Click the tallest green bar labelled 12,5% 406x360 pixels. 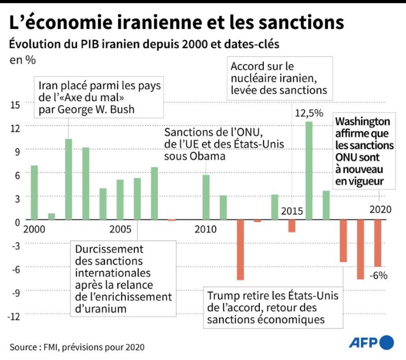[x=309, y=171]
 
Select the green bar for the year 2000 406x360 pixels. [x=35, y=192]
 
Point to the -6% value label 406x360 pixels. [x=379, y=276]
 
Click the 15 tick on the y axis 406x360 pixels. [x=15, y=105]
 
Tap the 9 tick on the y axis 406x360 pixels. [x=16, y=151]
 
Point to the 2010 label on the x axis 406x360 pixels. [x=206, y=228]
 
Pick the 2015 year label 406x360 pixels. [x=292, y=211]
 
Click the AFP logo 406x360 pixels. [x=371, y=342]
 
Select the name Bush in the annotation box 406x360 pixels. [x=121, y=109]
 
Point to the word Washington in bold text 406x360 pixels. [x=362, y=122]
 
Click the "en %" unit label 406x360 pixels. [x=22, y=59]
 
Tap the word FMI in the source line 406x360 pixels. [x=54, y=347]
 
